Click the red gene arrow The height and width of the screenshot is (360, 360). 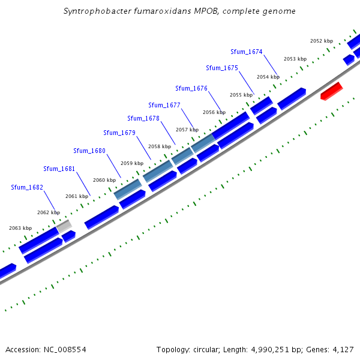331,91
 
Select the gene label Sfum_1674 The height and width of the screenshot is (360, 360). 247,52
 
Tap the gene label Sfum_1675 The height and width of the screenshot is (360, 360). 222,68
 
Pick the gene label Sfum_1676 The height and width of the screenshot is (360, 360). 191,88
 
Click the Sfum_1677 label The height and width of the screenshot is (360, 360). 164,105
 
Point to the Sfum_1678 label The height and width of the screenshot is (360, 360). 143,118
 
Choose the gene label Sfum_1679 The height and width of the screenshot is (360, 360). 119,133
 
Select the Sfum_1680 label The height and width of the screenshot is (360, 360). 89,151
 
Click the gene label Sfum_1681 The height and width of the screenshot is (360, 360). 59,169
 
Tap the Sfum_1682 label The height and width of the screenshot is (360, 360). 27,187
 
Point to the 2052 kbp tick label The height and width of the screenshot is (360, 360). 322,41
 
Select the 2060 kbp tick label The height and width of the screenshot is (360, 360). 104,180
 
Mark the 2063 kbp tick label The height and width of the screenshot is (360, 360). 20,228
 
